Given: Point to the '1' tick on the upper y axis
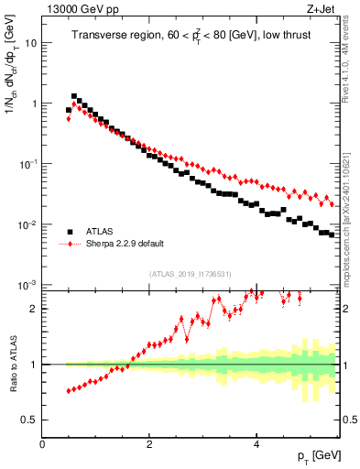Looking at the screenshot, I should [x=35, y=104].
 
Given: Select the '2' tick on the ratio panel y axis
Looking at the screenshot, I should [x=35, y=309].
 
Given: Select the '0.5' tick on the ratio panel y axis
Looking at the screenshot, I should [x=31, y=420].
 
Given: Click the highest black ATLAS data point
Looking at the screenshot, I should [x=74, y=96].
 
